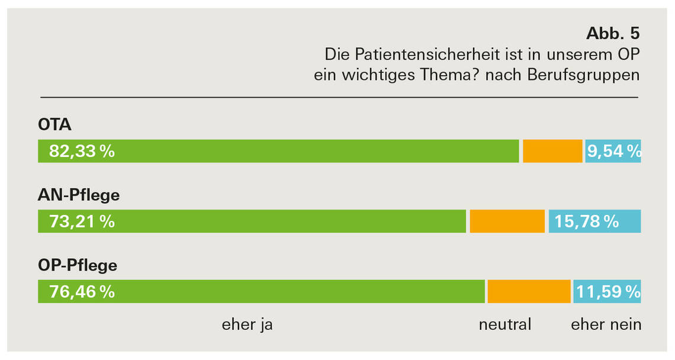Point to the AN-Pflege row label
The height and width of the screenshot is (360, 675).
(79, 195)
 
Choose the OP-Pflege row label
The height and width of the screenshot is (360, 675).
(78, 265)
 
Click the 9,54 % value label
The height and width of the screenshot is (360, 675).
(613, 152)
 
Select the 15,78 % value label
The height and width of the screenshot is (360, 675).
(586, 221)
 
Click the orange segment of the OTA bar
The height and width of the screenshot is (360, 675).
(552, 151)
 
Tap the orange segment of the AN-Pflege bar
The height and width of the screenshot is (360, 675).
(507, 221)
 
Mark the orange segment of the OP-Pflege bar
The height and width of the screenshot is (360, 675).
(529, 292)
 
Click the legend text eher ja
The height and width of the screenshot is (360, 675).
(247, 324)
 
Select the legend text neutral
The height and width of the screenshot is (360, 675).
(505, 324)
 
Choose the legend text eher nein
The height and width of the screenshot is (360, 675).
(606, 324)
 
